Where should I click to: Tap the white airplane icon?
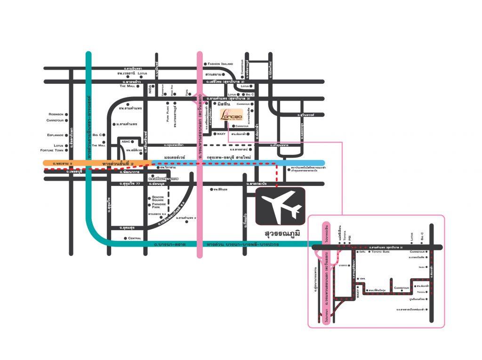click(280, 206)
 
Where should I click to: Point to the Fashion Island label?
click(224, 64)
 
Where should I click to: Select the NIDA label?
click(151, 91)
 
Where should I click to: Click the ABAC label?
click(126, 141)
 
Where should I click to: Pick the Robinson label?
click(56, 114)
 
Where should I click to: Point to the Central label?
click(135, 238)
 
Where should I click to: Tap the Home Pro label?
click(172, 90)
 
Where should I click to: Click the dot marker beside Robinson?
click(66, 114)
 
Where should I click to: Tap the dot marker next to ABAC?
click(133, 141)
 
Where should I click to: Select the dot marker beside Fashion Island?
click(205, 64)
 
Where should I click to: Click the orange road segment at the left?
click(71, 163)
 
